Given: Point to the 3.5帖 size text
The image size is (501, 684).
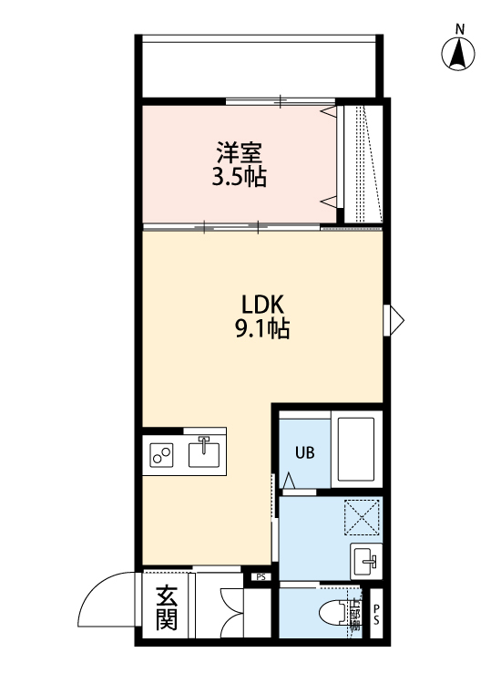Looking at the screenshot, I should click(240, 177).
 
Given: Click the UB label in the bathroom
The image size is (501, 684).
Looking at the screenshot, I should click(303, 450).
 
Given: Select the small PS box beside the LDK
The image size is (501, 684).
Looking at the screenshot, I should click(261, 576).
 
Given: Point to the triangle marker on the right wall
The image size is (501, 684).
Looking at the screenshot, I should click(394, 318).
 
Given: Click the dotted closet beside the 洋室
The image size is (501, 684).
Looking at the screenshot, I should click(362, 164).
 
